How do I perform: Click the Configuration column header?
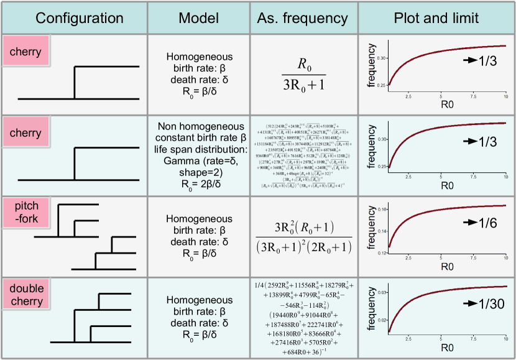tap(74, 17)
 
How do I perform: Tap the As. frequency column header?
tap(305, 17)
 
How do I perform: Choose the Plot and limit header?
tap(436, 17)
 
